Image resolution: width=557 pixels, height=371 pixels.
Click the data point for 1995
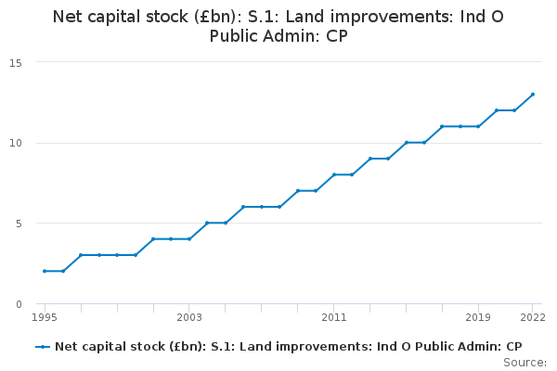[45, 271]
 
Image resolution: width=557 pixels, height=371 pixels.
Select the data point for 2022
[533, 95]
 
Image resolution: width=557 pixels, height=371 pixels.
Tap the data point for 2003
[189, 239]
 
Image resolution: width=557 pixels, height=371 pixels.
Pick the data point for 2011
[334, 174]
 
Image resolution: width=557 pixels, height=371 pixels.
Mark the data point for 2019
[478, 126]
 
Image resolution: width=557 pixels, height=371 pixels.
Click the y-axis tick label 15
[16, 63]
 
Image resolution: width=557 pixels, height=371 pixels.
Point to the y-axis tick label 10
[16, 144]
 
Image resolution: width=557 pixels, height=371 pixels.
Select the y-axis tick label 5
[19, 224]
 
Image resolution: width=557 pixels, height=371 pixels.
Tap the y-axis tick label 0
[19, 304]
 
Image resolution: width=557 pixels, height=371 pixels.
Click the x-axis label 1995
[45, 317]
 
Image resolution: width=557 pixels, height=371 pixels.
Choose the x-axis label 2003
[189, 317]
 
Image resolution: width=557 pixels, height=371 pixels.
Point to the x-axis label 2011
[334, 317]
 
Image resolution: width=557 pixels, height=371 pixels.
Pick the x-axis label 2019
[478, 317]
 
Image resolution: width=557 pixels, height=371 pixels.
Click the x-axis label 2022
[533, 317]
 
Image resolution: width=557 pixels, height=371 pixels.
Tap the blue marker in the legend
[43, 347]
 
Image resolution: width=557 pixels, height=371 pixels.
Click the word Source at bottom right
[525, 363]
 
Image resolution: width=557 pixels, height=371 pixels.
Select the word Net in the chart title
[68, 17]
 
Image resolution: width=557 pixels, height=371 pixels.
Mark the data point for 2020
[497, 110]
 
